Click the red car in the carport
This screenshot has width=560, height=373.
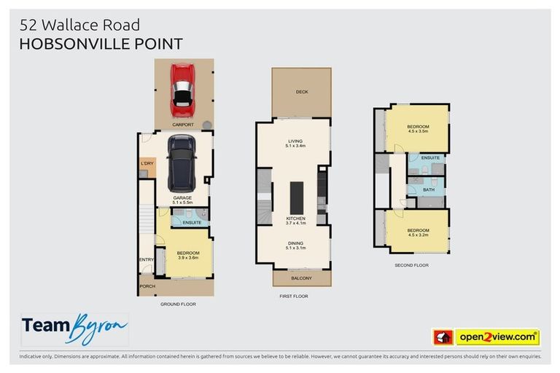181,90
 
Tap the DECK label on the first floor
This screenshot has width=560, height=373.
301,92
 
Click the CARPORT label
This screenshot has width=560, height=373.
182,125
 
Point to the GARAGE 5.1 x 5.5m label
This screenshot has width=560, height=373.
182,200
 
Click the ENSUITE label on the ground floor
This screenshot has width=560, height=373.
191,221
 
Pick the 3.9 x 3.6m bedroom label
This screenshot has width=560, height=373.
187,255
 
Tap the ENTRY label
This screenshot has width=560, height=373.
146,259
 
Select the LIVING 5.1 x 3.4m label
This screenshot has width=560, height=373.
295,144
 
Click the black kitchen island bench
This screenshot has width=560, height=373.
296,197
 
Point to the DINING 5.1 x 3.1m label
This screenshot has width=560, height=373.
295,246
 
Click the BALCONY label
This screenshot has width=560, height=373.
301,278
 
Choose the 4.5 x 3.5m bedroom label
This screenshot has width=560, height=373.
418,129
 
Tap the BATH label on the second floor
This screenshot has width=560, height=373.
429,189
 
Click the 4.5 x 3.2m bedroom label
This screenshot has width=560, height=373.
418,232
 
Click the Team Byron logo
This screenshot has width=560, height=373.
74,329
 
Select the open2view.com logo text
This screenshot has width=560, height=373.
497,337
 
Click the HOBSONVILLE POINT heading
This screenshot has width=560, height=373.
101,44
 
